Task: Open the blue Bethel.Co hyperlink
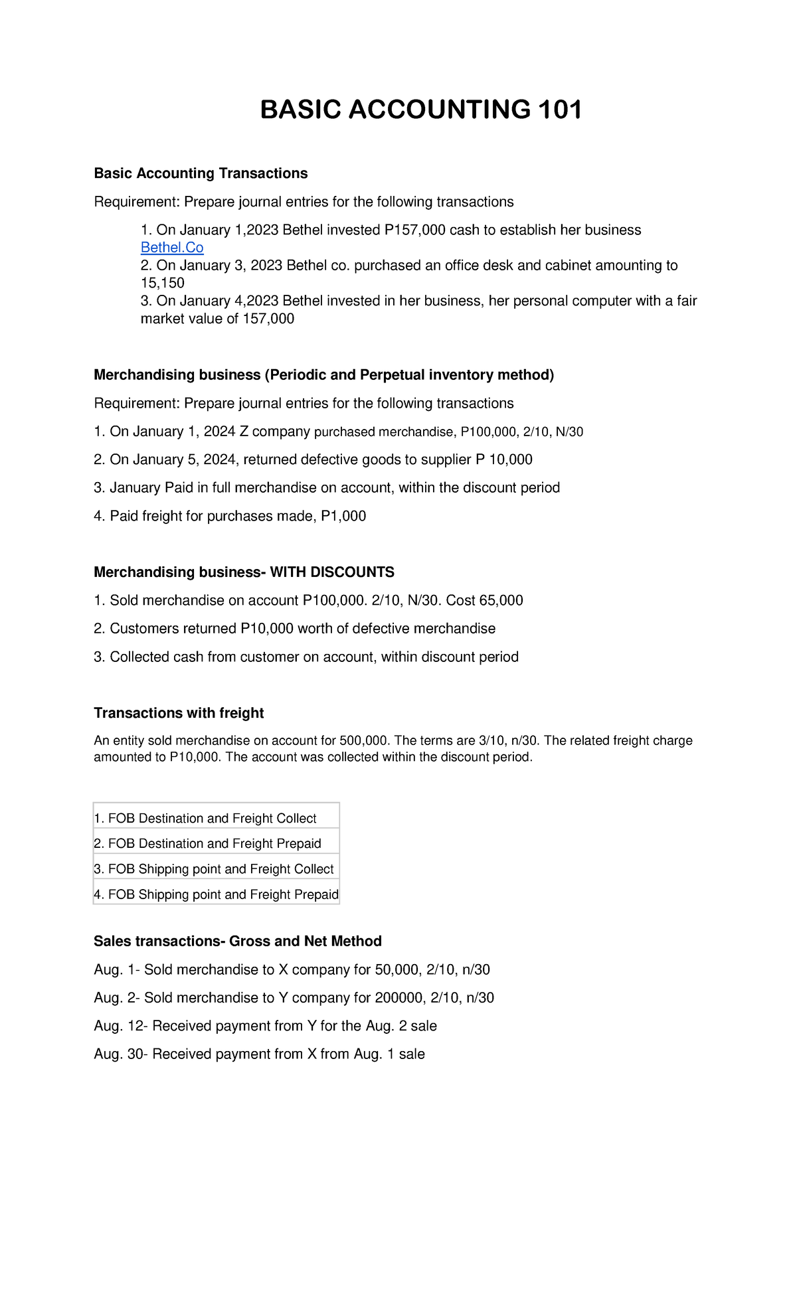click(172, 248)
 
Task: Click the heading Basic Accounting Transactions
click(201, 173)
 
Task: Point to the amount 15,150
click(163, 283)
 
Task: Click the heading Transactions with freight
click(179, 713)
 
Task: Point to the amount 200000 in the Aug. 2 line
click(398, 998)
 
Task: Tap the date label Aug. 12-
click(121, 1026)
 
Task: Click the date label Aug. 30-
click(121, 1054)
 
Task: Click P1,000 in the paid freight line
click(343, 516)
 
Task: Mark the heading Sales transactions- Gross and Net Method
click(238, 942)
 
